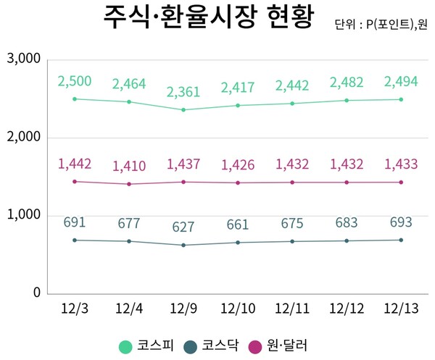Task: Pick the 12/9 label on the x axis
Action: [x=183, y=309]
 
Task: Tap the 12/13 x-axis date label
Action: [x=401, y=309]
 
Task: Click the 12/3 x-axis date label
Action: [x=75, y=309]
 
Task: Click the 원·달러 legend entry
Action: [x=278, y=346]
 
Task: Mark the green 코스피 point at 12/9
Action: [x=183, y=110]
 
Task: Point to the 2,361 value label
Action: [x=183, y=92]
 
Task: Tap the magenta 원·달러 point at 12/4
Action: [x=129, y=184]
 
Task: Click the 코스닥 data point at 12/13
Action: [x=401, y=240]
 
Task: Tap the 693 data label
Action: [x=401, y=220]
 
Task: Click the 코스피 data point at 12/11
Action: [x=292, y=104]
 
